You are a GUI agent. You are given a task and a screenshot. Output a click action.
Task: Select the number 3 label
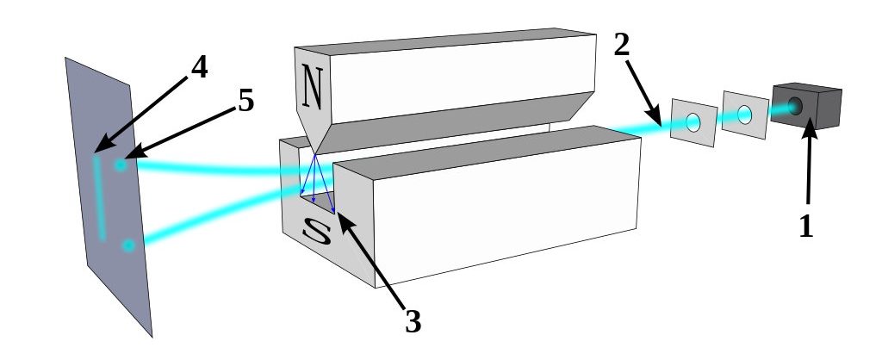pos(413,320)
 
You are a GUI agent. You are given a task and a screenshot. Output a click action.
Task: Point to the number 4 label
pos(199,67)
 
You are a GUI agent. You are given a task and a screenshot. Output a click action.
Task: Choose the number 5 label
pos(245,101)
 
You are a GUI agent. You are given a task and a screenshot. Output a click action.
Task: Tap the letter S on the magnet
pos(316,233)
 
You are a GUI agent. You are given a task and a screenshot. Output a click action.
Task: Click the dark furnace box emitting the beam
pos(804,105)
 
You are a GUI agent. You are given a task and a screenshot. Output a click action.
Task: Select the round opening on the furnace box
pos(794,106)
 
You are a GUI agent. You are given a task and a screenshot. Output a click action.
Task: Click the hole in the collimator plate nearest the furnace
pos(745,113)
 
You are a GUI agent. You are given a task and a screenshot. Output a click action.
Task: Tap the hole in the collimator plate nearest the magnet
pos(693,123)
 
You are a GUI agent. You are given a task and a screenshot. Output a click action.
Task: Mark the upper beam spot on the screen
pos(121,164)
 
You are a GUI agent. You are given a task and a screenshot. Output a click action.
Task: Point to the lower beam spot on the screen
pos(128,246)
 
